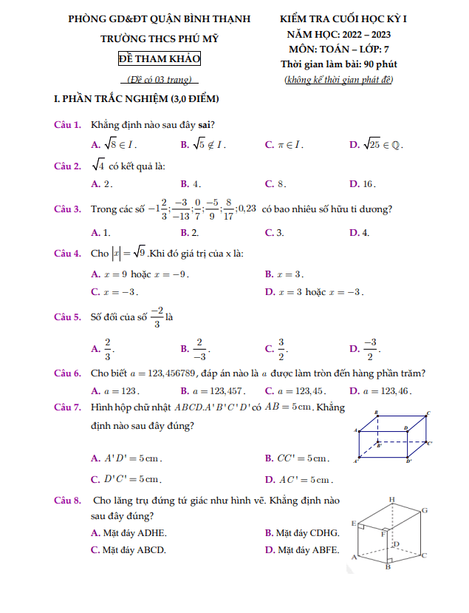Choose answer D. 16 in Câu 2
[x=363, y=183]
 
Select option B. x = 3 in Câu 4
[x=284, y=274]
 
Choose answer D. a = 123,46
[x=380, y=391]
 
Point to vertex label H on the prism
[x=391, y=499]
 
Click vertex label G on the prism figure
[x=425, y=510]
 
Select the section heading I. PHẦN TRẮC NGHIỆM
[x=137, y=98]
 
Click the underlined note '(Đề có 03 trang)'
[x=159, y=79]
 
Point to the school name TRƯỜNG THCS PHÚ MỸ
[x=159, y=39]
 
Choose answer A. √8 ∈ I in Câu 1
[x=114, y=145]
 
